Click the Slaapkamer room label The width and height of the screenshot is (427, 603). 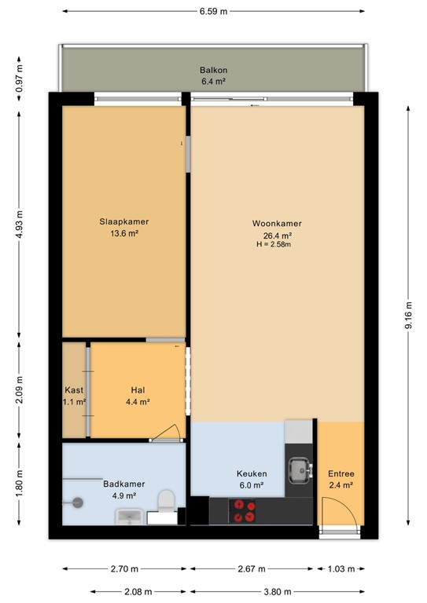coord(124,221)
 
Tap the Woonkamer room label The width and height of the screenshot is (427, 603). coord(277,224)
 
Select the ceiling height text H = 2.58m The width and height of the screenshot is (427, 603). coord(274,244)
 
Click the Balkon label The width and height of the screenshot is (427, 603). coord(213,70)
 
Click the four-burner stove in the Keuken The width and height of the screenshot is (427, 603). coord(241,510)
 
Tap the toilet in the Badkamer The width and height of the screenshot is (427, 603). coord(167,501)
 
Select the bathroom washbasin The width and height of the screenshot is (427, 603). coord(129,517)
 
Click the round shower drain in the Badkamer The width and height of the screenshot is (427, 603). coord(78,502)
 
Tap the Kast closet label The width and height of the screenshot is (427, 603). coord(74,390)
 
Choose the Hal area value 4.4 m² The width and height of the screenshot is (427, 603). coord(138,402)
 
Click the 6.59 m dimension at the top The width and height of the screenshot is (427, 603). coord(213,11)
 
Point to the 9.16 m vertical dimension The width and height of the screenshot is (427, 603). coord(408,316)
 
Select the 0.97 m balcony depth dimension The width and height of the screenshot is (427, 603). coord(19,79)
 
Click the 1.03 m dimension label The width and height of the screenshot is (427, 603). coord(341,568)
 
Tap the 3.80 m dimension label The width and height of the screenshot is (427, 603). coord(278,591)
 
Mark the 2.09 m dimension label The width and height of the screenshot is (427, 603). coord(19,390)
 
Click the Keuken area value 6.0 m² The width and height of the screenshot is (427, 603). coord(252,485)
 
